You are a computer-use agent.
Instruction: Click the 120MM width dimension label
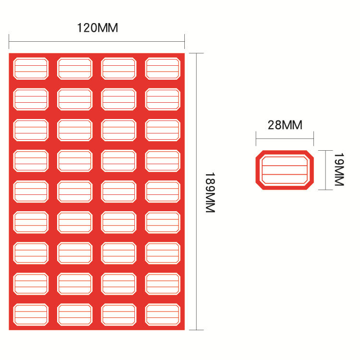pos(97,28)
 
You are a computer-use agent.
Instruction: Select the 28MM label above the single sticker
pos(285,125)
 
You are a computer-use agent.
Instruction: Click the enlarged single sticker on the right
pos(284,170)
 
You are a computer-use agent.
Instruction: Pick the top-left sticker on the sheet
pos(31,69)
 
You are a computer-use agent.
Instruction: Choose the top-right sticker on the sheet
pos(163,69)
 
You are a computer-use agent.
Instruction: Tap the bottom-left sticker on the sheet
pos(31,314)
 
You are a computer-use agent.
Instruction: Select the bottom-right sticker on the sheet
pos(163,314)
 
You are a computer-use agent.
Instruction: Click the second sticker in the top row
pos(75,69)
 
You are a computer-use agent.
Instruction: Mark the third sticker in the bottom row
pos(119,314)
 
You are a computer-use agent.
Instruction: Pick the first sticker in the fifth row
pos(31,192)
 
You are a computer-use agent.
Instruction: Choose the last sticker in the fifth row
pos(163,192)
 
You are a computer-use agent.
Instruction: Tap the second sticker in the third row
pos(75,130)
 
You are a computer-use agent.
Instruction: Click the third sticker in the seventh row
pos(119,253)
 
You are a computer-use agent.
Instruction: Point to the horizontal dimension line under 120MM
pos(96,41)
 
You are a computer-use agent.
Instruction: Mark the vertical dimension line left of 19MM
pos(325,170)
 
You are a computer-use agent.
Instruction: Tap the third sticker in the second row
pos(119,99)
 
